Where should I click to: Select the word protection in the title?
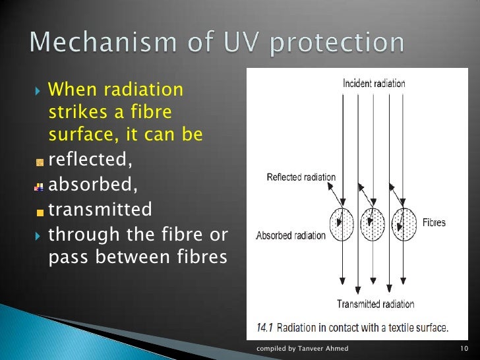pyautogui.click(x=339, y=43)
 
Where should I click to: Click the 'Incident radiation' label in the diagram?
pyautogui.click(x=374, y=84)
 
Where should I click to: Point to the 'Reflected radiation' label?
pyautogui.click(x=301, y=177)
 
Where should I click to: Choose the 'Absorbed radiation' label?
pyautogui.click(x=291, y=235)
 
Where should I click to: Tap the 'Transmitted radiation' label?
pyautogui.click(x=375, y=304)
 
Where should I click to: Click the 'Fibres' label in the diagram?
pyautogui.click(x=434, y=223)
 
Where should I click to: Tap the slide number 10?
pyautogui.click(x=463, y=348)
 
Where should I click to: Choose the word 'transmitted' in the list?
pyautogui.click(x=100, y=210)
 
